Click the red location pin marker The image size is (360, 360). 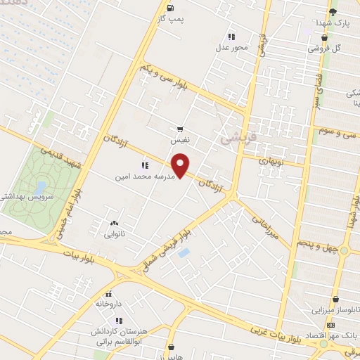point(181,167)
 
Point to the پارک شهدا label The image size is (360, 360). point(332,22)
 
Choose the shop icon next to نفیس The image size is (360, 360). point(181,129)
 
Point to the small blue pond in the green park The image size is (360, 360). point(41,187)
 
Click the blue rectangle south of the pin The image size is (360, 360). point(184,251)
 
